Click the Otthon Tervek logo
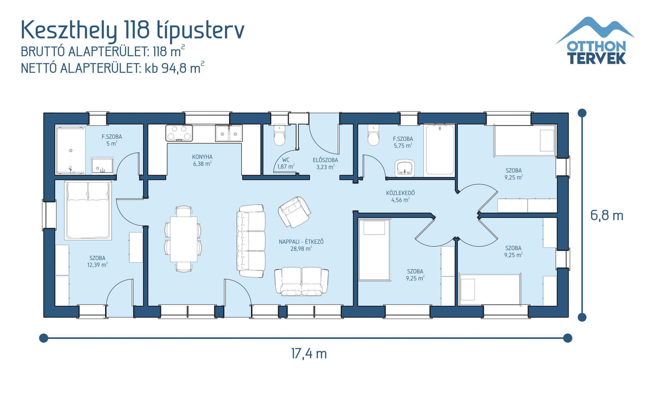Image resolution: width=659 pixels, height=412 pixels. [596, 41]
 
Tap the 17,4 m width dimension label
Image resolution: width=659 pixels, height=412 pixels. [309, 354]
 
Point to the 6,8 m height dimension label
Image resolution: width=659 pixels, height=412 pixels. [607, 216]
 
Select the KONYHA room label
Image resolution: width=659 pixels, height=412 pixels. [202, 157]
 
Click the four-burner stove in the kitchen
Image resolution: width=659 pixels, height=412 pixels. [179, 133]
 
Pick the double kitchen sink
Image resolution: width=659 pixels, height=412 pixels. [229, 133]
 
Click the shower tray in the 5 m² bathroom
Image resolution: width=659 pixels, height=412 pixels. [71, 150]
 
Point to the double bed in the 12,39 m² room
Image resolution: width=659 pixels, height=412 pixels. [88, 210]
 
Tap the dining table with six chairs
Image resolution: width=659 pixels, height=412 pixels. [184, 239]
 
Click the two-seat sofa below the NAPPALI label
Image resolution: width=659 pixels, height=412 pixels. [301, 281]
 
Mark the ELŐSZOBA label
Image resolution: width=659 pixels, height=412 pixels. [325, 160]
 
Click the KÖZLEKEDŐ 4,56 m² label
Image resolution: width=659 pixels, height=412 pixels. [400, 196]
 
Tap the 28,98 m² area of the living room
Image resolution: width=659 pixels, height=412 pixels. [301, 248]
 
